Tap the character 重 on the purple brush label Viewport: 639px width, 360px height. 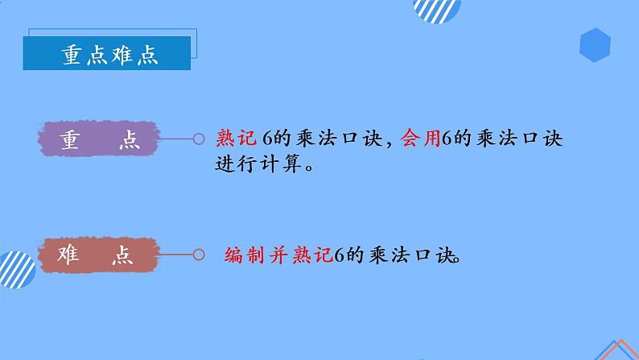[70, 140]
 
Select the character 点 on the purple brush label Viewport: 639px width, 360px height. [126, 140]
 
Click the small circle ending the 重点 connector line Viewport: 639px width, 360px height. [198, 139]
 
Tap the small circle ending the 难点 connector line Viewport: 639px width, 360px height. [198, 255]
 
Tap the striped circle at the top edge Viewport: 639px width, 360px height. [437, 9]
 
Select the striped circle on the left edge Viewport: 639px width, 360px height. [11, 269]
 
